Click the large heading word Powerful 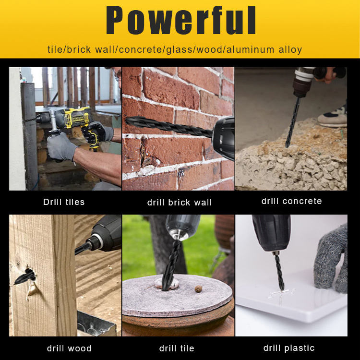(180, 20)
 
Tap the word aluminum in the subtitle (250, 49)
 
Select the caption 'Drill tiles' (64, 202)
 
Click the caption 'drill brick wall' (180, 202)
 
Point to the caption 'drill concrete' (291, 201)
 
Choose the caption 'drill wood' (69, 348)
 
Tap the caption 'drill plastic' (289, 348)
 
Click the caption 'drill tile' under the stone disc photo (177, 348)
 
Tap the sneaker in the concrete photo (333, 117)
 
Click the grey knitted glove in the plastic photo (331, 259)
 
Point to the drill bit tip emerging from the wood (15, 284)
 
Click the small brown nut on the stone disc (198, 288)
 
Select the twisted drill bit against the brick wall (169, 126)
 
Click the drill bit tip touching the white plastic (282, 289)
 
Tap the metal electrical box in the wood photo (96, 324)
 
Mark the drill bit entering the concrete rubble (292, 122)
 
